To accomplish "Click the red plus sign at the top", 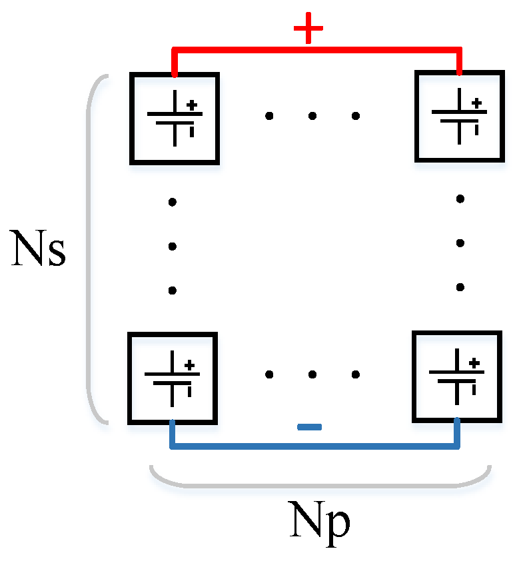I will [308, 30].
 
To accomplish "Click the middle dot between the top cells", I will [312, 116].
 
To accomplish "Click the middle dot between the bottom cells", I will [311, 374].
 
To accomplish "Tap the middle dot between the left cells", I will [172, 247].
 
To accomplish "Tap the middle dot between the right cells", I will [460, 243].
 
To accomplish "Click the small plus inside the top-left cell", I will [192, 105].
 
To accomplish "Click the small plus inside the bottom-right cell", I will [474, 363].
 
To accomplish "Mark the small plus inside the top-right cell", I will [476, 103].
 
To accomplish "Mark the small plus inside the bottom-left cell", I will [190, 364].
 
